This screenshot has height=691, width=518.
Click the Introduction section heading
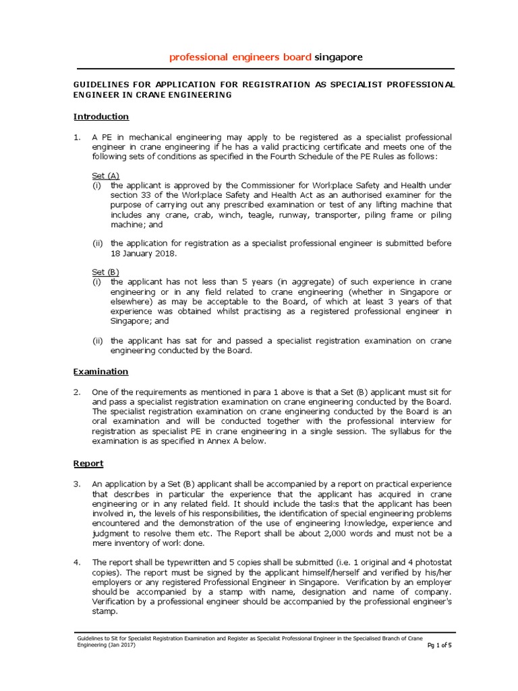click(x=101, y=117)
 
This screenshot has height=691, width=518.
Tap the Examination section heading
click(x=100, y=371)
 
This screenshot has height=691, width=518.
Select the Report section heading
click(x=88, y=464)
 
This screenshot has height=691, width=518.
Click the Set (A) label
click(x=106, y=175)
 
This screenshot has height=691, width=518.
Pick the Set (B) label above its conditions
click(x=106, y=272)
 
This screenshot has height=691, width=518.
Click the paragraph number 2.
click(x=77, y=392)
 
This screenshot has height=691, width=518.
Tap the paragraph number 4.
click(x=77, y=562)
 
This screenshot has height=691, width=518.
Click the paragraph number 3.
click(x=77, y=485)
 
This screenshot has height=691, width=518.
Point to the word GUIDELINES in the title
click(x=100, y=84)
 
